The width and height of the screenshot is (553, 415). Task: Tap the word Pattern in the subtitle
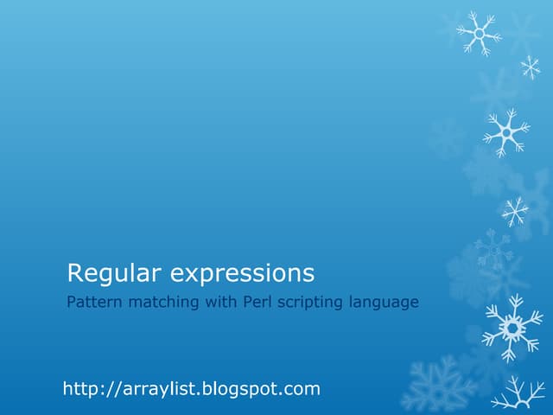pos(92,303)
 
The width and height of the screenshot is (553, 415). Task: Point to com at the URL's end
pos(302,390)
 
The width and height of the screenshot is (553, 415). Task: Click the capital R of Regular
pos(75,274)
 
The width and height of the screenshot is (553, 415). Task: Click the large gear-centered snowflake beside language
pos(512,327)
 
